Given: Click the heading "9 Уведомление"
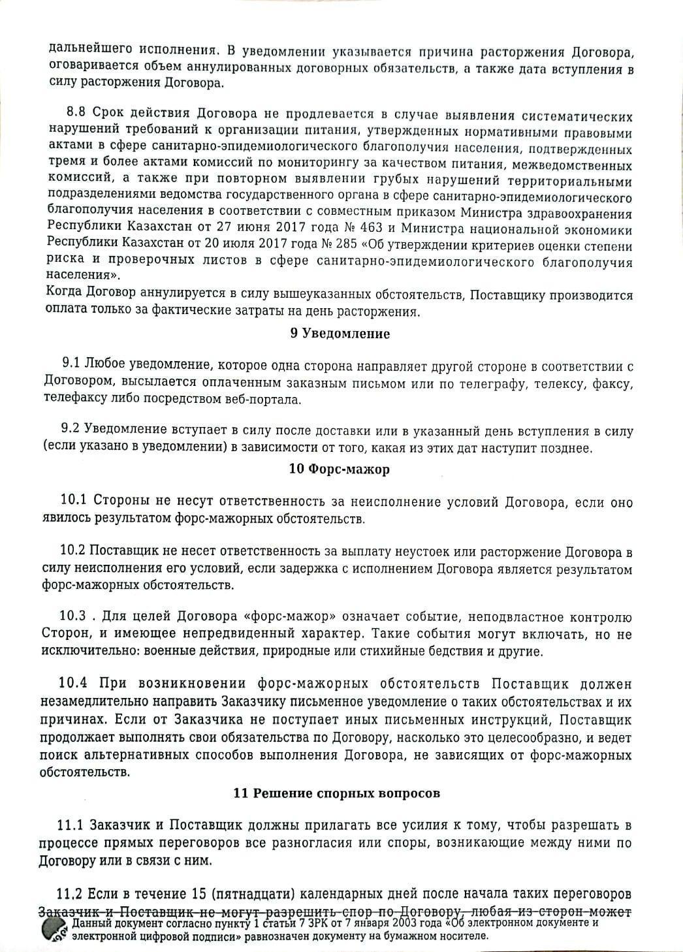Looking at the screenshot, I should (x=340, y=334).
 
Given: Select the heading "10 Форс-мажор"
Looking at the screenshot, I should (x=339, y=469).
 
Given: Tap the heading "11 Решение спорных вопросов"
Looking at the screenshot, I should (x=336, y=793).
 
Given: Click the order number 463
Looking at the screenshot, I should (x=366, y=229).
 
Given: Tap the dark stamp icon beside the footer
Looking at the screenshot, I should (x=54, y=929).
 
